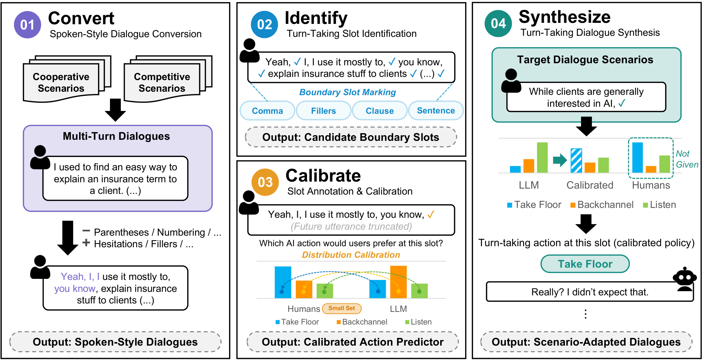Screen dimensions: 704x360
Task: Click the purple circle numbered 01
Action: (27, 25)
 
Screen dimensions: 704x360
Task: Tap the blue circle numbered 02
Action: (265, 25)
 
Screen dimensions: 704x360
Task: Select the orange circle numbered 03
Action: (265, 182)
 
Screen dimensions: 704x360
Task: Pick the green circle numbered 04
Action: (498, 24)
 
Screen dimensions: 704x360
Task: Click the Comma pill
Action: (267, 111)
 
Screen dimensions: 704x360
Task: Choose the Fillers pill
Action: (324, 111)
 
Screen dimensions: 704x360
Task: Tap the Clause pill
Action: (380, 111)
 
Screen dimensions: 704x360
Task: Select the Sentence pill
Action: (436, 111)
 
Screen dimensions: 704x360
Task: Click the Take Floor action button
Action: (585, 264)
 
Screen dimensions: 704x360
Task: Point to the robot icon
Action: (685, 279)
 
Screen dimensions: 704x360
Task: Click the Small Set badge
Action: (342, 308)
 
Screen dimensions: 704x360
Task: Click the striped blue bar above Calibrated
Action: (576, 161)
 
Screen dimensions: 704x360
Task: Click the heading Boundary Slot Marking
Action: (347, 92)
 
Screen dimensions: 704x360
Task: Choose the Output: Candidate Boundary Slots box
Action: (351, 137)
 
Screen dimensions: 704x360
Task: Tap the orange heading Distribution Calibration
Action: (351, 255)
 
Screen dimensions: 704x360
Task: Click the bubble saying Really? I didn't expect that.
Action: (590, 292)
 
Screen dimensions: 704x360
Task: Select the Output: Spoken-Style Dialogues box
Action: (115, 342)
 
